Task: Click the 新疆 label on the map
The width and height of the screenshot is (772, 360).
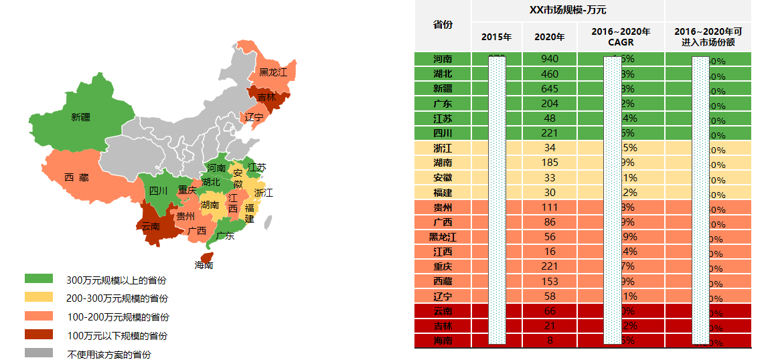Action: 80,117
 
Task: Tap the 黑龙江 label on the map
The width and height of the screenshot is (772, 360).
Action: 273,72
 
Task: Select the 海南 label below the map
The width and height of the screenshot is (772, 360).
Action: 204,265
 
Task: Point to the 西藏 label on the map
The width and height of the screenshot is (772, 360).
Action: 76,177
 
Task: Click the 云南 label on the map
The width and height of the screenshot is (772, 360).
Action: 151,226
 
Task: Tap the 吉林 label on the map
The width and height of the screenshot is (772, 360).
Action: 266,98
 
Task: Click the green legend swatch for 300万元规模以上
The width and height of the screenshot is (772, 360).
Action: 38,278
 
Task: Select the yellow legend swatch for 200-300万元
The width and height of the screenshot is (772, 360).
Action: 38,296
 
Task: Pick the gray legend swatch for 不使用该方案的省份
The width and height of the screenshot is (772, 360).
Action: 38,353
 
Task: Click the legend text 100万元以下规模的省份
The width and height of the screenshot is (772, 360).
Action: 117,335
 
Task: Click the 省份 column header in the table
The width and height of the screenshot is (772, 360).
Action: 443,25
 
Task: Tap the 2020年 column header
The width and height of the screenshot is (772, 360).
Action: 549,37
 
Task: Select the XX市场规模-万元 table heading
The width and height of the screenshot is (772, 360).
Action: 567,10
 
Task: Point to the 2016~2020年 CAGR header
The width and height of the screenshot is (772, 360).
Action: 621,37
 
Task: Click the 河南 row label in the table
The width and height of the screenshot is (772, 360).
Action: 443,59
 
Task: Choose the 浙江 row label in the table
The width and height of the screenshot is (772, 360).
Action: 443,148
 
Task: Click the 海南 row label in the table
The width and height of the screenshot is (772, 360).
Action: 443,341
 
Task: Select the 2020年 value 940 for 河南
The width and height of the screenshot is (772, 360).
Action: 549,59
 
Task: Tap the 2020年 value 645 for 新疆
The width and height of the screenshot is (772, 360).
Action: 549,88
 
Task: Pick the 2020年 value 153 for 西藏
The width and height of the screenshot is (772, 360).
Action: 549,282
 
